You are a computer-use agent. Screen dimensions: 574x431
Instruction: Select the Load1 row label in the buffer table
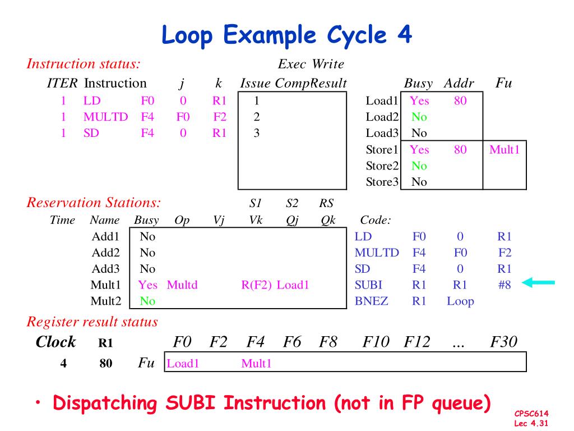coord(381,101)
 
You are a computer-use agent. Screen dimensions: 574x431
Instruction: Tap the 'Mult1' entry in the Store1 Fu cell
coord(504,150)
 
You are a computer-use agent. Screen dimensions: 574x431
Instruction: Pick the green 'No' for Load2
coord(419,117)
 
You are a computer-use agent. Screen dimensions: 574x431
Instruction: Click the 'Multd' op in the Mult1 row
coord(182,285)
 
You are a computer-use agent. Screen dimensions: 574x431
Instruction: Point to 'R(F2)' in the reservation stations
coord(257,285)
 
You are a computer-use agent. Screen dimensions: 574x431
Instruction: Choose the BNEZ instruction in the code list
coord(371,301)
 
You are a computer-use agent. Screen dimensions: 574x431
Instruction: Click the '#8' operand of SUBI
coord(504,285)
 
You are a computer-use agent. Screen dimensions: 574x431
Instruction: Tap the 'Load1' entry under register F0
coord(183,364)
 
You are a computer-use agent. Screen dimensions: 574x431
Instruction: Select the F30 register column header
coord(503,342)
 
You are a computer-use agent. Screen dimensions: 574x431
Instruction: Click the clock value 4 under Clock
coord(63,364)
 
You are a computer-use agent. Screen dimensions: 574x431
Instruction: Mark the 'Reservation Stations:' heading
coord(94,203)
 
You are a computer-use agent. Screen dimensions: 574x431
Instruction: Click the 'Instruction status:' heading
coord(83,64)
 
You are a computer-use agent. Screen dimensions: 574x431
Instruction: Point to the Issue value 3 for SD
coord(256,134)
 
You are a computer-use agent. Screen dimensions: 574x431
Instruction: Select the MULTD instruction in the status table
coord(105,117)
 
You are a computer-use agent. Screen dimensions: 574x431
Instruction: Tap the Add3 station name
coord(106,269)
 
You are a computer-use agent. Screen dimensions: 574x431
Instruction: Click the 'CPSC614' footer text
coord(531,414)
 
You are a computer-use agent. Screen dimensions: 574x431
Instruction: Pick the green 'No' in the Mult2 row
coord(147,301)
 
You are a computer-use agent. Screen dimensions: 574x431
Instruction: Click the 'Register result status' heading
coord(92,322)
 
